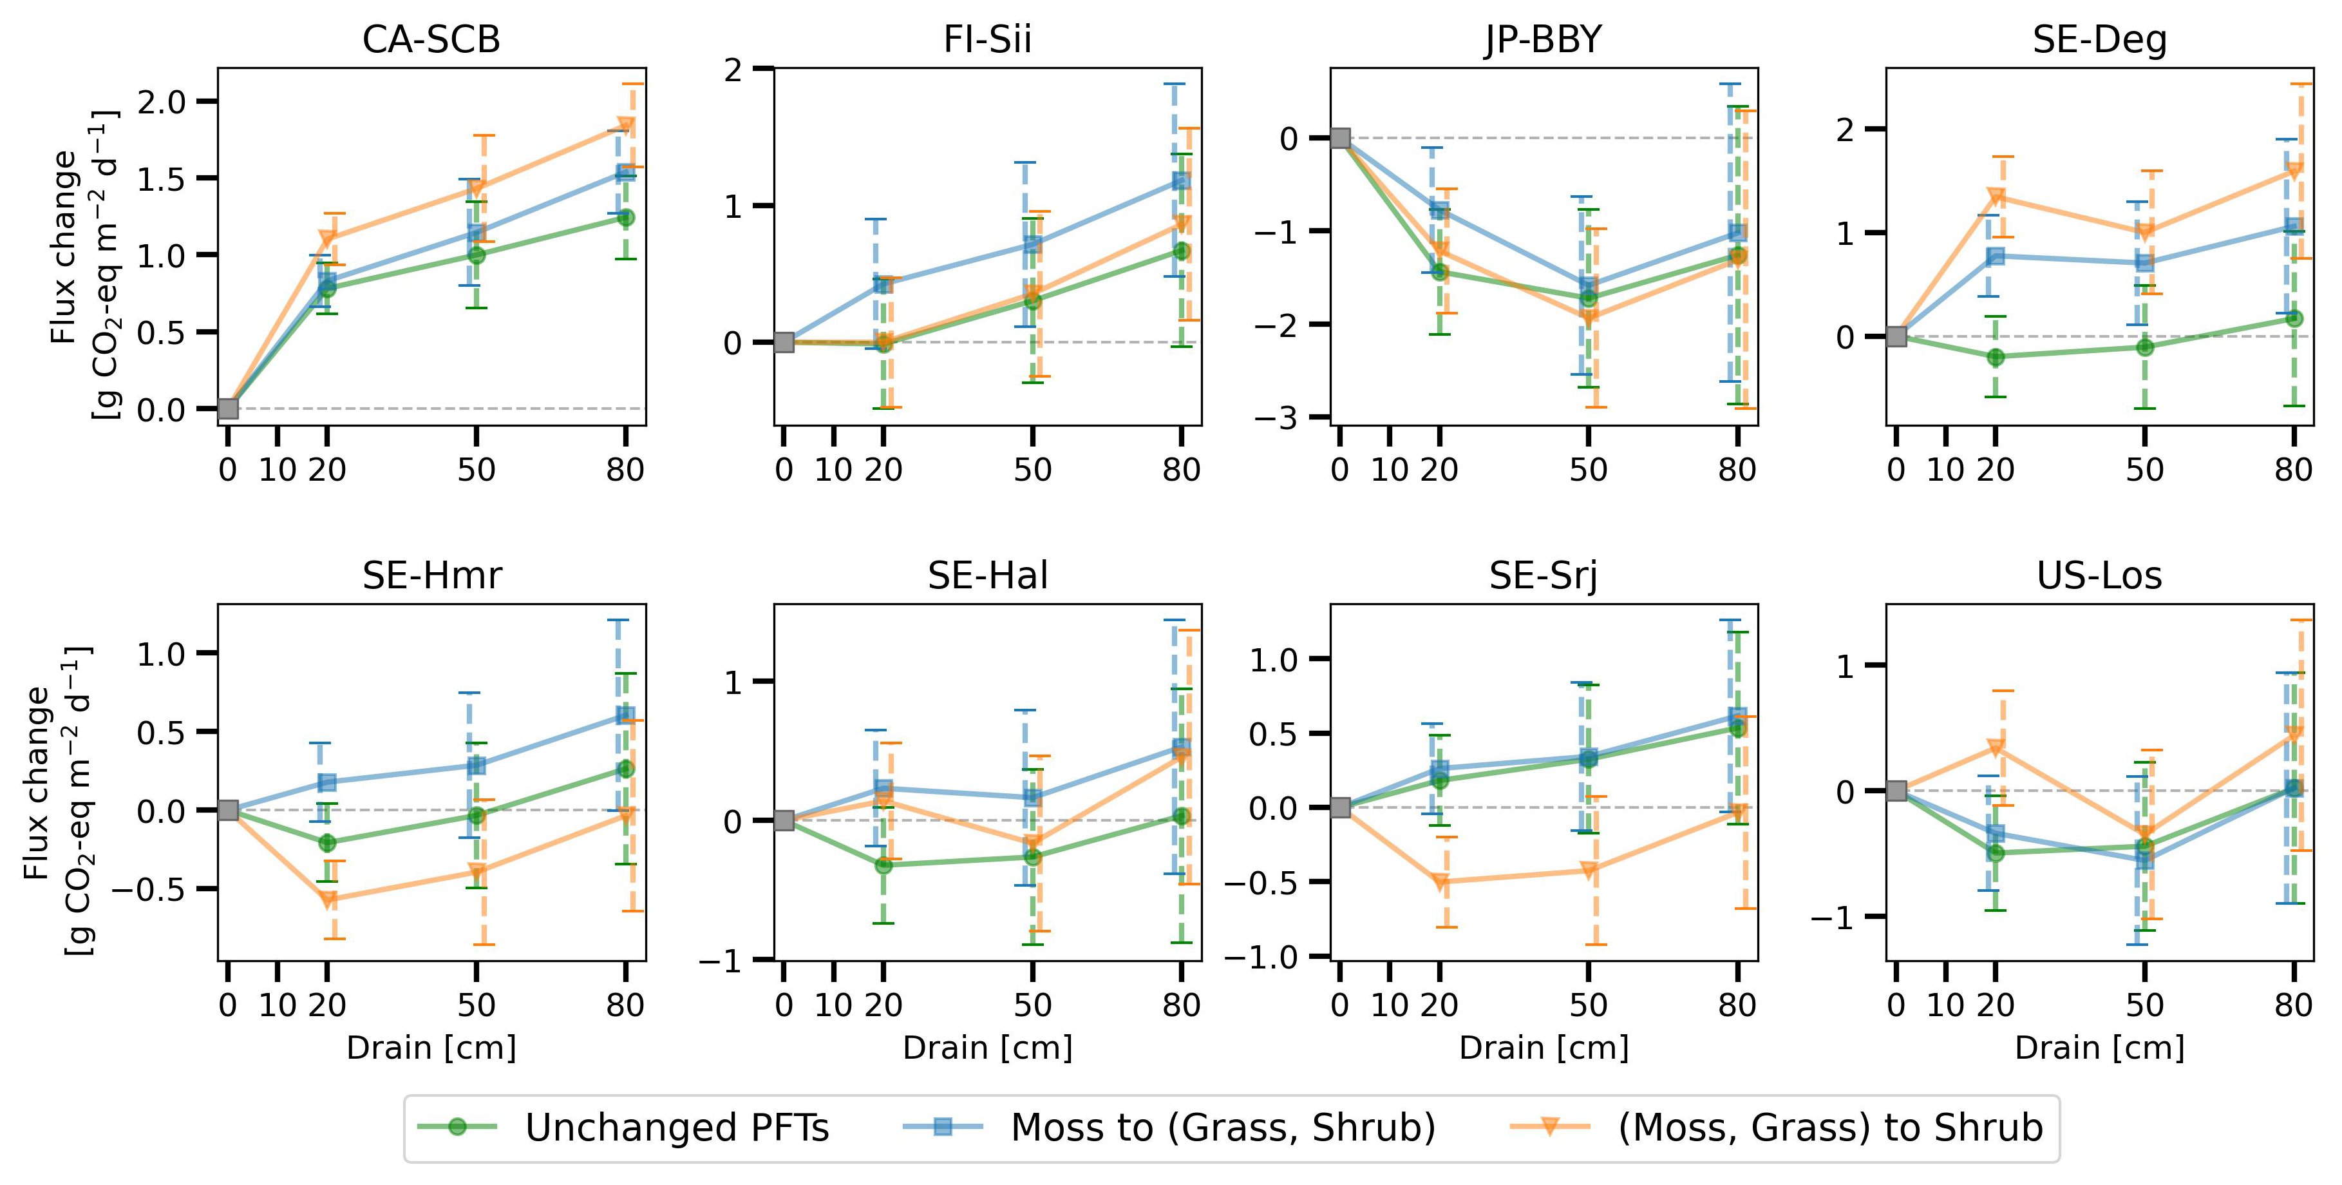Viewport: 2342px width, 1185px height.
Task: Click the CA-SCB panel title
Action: [x=431, y=40]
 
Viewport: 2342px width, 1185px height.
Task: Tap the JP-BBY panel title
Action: [x=1543, y=40]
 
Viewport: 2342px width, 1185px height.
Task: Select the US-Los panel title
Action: [x=2099, y=575]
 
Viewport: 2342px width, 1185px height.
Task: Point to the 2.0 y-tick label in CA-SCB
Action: [x=161, y=102]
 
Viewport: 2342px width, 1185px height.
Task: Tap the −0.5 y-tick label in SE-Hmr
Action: [x=149, y=889]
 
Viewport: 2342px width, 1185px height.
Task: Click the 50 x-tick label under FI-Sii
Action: [x=1032, y=470]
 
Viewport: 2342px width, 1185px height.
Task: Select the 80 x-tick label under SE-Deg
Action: [x=2293, y=470]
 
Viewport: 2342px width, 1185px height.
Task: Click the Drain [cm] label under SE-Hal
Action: [x=987, y=1048]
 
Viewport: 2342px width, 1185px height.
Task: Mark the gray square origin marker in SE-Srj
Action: [x=1340, y=807]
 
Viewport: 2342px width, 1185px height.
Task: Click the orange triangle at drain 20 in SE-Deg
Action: [x=1996, y=197]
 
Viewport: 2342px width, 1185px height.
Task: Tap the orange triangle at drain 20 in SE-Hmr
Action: [x=328, y=900]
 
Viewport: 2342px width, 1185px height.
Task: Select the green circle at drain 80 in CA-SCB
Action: [x=625, y=217]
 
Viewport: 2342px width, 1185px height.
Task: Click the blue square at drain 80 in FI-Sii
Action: [x=1181, y=181]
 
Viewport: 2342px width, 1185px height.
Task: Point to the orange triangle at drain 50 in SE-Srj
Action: [x=1589, y=871]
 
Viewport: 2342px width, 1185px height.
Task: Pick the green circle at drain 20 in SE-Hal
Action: [x=883, y=865]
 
